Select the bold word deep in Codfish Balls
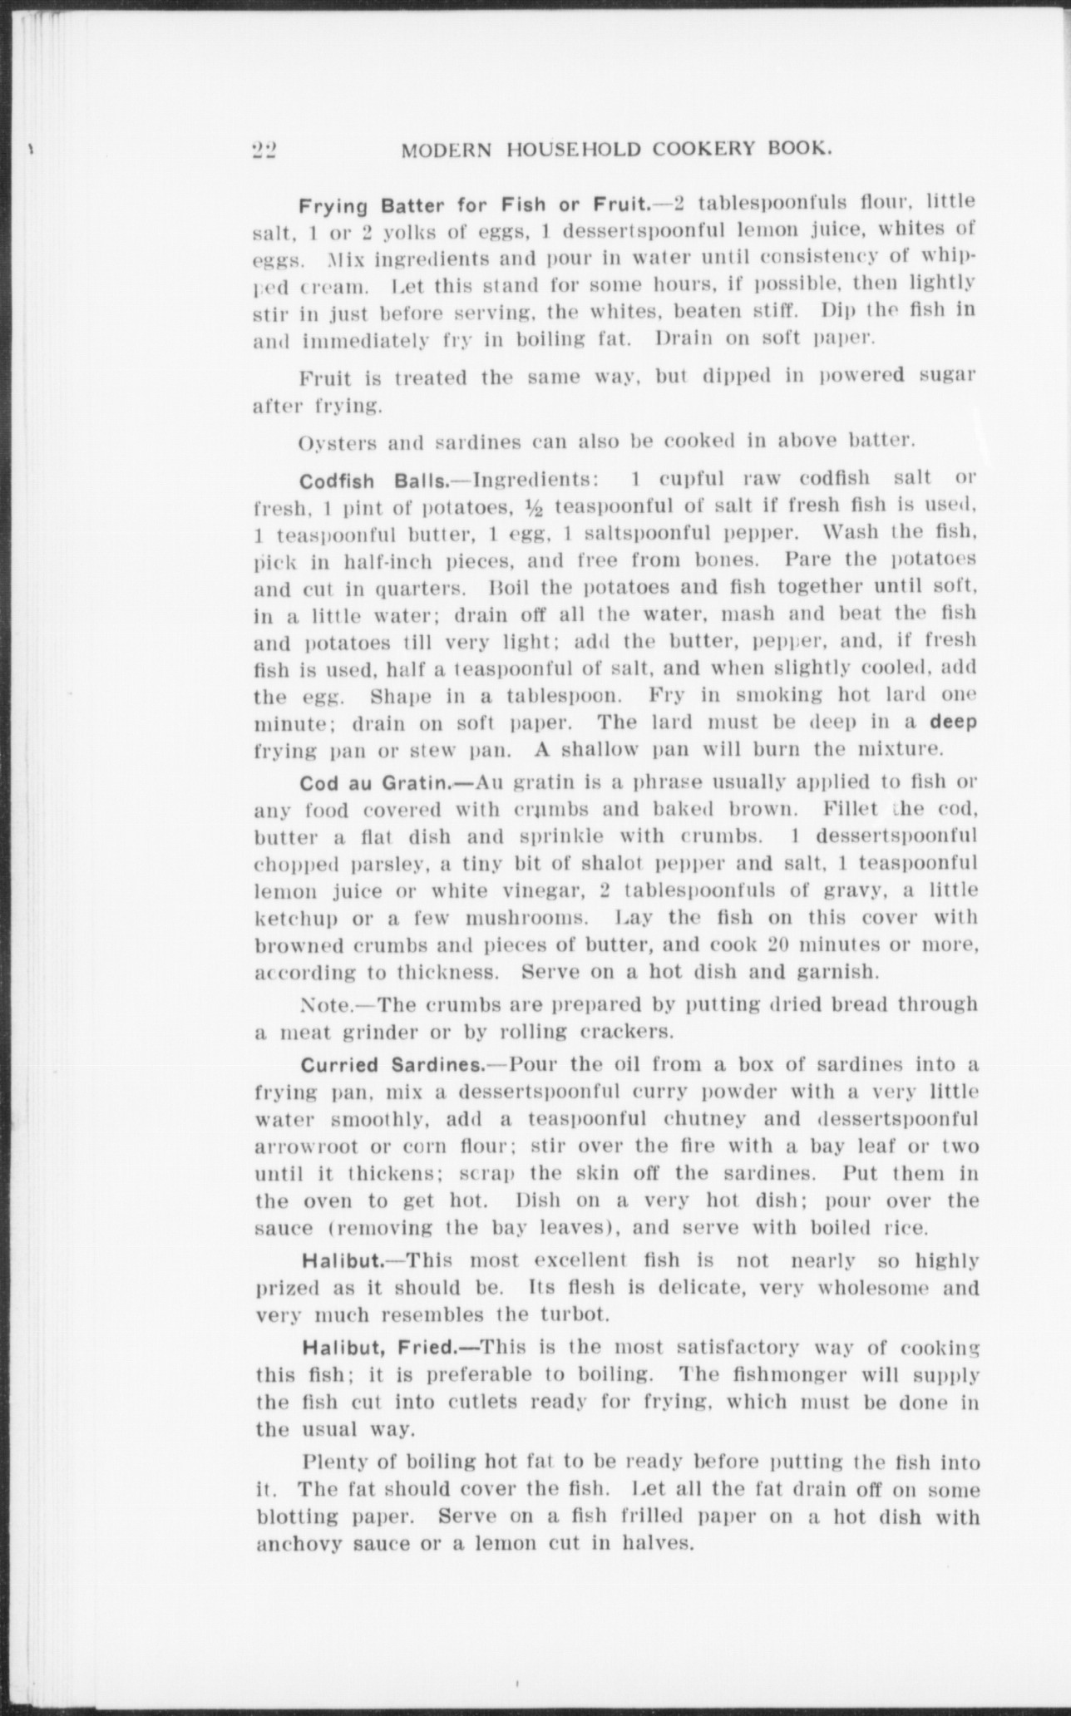(953, 722)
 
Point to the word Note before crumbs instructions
(317, 1006)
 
